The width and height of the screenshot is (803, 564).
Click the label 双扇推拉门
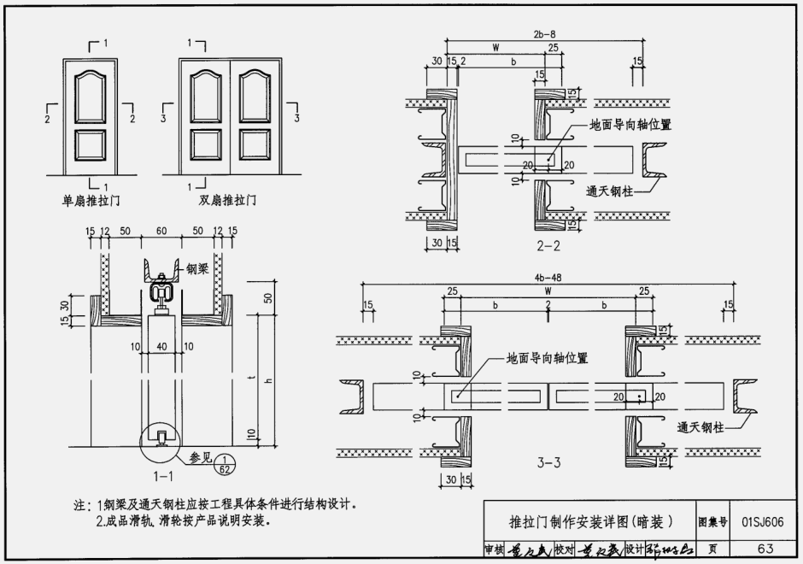(x=228, y=202)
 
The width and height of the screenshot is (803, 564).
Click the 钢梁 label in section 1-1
(x=197, y=268)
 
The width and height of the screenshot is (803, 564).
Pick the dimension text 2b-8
(x=545, y=34)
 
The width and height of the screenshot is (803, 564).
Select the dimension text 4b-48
(x=547, y=277)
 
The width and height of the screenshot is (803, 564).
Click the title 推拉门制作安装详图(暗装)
(x=590, y=521)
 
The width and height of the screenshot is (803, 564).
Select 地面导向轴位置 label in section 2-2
(x=630, y=125)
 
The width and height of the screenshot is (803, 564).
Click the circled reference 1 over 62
(x=224, y=461)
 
